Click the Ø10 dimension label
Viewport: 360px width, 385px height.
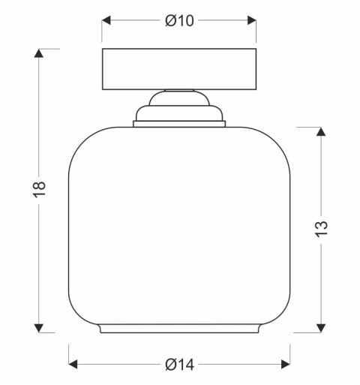click(x=179, y=20)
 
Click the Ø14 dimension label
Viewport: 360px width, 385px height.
click(x=179, y=365)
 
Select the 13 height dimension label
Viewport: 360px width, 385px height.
click(x=321, y=229)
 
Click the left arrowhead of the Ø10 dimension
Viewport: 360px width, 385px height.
click(x=106, y=20)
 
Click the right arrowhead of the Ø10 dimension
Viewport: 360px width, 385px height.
click(x=252, y=20)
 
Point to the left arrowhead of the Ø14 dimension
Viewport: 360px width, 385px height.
click(x=73, y=364)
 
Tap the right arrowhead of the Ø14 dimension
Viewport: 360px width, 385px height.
click(x=286, y=364)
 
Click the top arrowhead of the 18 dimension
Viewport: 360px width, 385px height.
click(x=38, y=53)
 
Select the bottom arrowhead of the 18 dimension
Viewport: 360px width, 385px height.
click(x=38, y=328)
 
